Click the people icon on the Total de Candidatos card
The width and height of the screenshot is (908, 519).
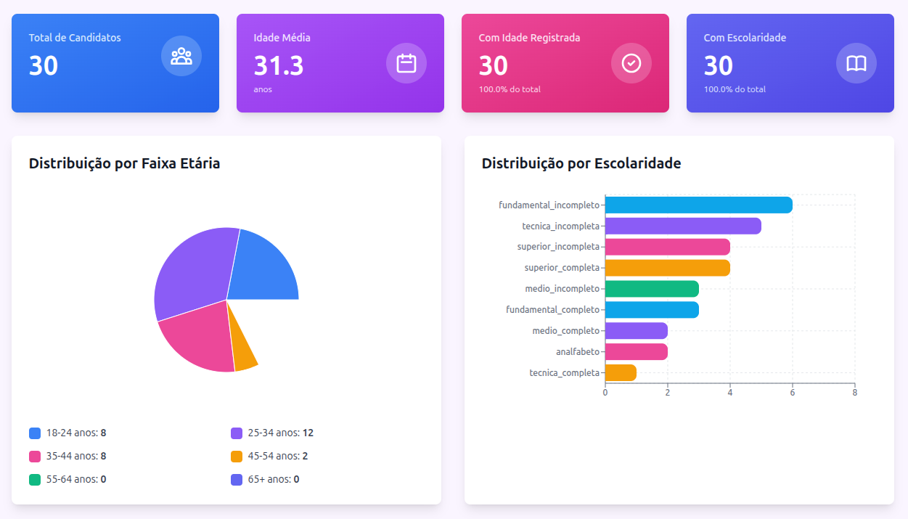[181, 57]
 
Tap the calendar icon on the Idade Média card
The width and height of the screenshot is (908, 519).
[406, 63]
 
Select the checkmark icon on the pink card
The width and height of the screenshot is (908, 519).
[631, 63]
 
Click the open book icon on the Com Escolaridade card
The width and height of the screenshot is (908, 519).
[856, 63]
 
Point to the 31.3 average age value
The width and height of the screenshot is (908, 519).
[279, 66]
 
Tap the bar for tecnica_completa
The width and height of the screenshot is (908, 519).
[621, 373]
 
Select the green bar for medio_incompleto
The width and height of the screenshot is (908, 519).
[652, 289]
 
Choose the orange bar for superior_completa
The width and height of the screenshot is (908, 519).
[667, 268]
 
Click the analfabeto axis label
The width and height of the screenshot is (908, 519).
[578, 352]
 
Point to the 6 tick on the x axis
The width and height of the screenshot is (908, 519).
[793, 393]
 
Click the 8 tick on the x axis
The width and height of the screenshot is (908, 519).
[855, 393]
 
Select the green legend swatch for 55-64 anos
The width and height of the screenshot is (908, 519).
[35, 480]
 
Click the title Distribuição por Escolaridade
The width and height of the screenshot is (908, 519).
[581, 164]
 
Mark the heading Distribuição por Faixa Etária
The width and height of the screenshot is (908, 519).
[124, 164]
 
